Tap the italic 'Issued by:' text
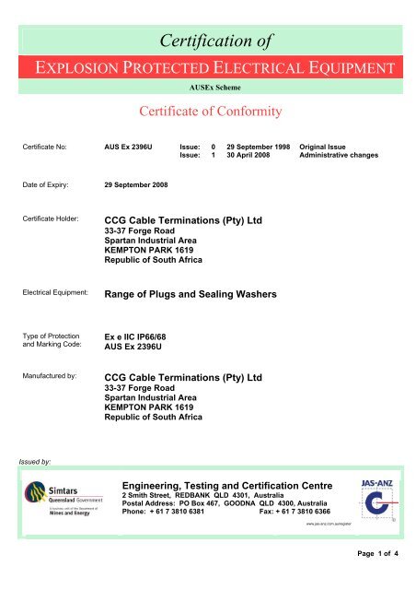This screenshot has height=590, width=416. coord(38,456)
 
